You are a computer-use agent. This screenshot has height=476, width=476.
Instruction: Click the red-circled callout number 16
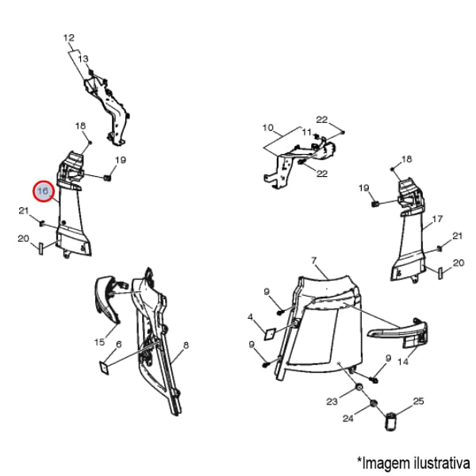pyautogui.click(x=43, y=191)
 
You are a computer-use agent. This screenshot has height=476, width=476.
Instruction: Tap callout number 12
pyautogui.click(x=69, y=38)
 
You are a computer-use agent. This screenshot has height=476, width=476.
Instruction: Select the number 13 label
pyautogui.click(x=83, y=59)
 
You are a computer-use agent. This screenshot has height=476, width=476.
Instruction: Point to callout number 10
pyautogui.click(x=268, y=128)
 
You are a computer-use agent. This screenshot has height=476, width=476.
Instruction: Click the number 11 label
pyautogui.click(x=307, y=132)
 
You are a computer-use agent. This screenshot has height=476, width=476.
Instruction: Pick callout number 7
pyautogui.click(x=314, y=260)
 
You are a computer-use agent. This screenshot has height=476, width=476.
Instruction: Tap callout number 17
pyautogui.click(x=437, y=219)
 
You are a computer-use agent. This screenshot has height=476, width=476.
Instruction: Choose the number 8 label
pyautogui.click(x=186, y=345)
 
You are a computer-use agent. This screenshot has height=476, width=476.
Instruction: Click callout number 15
pyautogui.click(x=100, y=342)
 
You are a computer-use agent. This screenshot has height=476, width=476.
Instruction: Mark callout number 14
pyautogui.click(x=403, y=362)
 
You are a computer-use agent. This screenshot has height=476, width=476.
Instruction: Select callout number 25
pyautogui.click(x=418, y=401)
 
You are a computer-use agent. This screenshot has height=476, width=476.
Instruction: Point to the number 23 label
pyautogui.click(x=332, y=401)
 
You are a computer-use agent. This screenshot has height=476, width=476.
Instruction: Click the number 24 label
pyautogui.click(x=348, y=419)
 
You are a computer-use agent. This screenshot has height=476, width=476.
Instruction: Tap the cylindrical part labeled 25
pyautogui.click(x=390, y=421)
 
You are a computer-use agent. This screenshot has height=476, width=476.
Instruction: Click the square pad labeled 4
pyautogui.click(x=270, y=334)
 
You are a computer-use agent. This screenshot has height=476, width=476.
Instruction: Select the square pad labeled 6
pyautogui.click(x=105, y=367)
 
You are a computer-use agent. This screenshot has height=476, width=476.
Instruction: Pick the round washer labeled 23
pyautogui.click(x=359, y=387)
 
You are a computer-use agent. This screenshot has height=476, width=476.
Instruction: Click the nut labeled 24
pyautogui.click(x=373, y=404)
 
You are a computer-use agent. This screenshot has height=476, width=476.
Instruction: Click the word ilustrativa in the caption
pyautogui.click(x=442, y=463)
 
